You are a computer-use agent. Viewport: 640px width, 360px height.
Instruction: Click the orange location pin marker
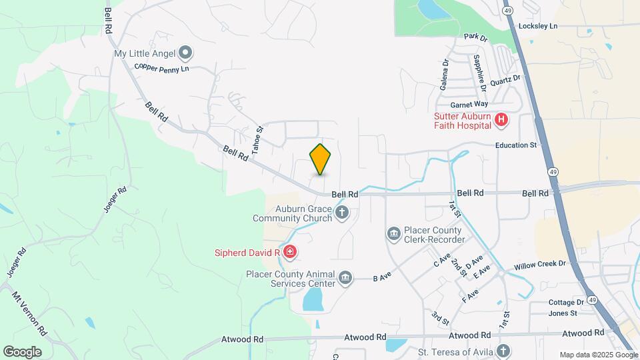321,159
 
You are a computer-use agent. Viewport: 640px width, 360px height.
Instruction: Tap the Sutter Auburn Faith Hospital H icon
501,120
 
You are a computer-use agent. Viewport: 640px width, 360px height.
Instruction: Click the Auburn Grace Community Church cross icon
342,213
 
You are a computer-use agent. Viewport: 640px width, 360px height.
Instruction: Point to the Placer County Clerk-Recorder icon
393,233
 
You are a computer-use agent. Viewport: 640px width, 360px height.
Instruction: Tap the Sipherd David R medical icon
289,252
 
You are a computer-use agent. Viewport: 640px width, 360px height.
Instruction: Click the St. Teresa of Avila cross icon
503,351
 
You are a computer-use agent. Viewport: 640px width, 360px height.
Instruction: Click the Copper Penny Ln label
162,67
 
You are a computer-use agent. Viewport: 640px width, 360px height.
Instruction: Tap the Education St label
515,145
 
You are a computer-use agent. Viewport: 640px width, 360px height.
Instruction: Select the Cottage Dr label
567,302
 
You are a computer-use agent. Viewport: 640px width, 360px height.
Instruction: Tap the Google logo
22,351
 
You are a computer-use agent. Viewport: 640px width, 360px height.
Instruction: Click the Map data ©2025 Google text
598,355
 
